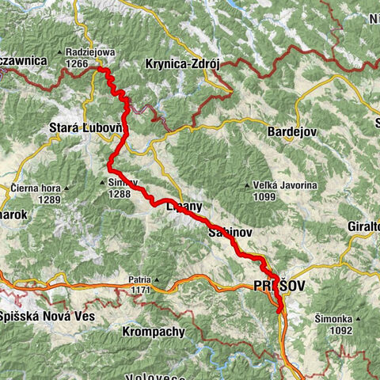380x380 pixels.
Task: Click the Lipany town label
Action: pos(184,206)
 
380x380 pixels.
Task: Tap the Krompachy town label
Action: pos(154,332)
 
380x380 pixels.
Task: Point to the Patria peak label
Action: pos(139,279)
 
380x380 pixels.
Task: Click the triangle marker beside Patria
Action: pos(157,279)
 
